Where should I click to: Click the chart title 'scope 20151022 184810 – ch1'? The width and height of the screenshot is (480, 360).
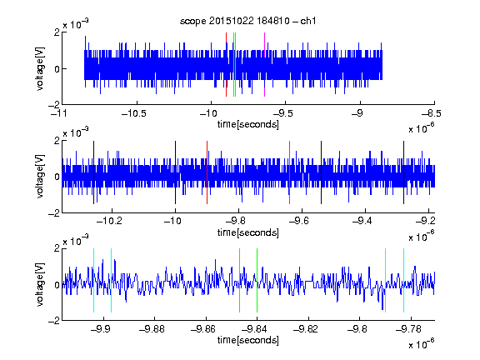click(x=247, y=21)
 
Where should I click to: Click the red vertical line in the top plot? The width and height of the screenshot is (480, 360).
click(x=226, y=64)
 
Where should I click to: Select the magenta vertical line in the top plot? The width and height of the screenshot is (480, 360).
click(x=264, y=64)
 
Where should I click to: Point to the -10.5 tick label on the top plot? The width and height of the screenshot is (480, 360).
click(x=134, y=113)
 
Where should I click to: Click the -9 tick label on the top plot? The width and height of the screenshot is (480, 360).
click(x=357, y=113)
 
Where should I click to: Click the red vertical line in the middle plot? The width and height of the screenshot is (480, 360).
click(x=207, y=172)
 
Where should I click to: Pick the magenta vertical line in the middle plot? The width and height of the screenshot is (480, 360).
click(x=290, y=172)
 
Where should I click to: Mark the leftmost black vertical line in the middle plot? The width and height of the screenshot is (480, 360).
click(x=93, y=172)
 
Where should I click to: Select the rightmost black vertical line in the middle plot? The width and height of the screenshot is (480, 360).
click(x=403, y=172)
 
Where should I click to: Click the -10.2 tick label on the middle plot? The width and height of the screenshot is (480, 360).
click(x=109, y=221)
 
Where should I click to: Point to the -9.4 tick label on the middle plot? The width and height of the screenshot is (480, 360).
click(x=362, y=221)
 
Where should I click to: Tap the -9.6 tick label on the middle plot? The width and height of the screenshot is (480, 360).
click(x=299, y=221)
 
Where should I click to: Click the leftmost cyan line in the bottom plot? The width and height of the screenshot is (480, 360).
click(x=93, y=280)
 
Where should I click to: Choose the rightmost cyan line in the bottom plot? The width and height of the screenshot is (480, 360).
click(x=403, y=280)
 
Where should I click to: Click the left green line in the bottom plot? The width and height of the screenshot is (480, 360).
click(x=239, y=280)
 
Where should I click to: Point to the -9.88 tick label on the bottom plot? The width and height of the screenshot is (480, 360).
click(x=152, y=329)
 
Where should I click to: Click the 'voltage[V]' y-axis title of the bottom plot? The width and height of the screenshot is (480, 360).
click(x=40, y=284)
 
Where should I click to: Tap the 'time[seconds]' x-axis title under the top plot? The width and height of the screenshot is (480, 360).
click(x=248, y=124)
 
